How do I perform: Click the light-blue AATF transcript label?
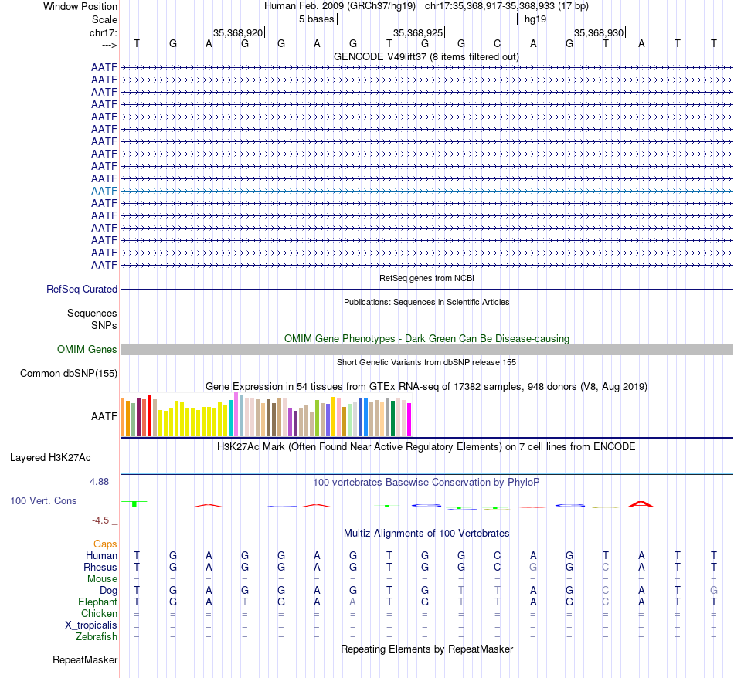point(104,191)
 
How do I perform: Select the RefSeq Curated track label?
point(82,289)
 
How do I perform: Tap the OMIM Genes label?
point(87,350)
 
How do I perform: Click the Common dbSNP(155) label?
point(69,374)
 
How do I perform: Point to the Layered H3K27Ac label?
point(50,457)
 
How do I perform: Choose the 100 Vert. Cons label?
point(43,501)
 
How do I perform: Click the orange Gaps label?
point(105,544)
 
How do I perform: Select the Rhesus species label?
point(100,568)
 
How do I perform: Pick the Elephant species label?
point(97,602)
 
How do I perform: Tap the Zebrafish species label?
point(97,637)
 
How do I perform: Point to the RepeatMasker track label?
point(85,660)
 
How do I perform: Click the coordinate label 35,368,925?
point(418,33)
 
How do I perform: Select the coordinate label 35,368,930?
point(598,33)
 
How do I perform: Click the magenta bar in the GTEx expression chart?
point(409,419)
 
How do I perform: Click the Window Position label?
point(80,6)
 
